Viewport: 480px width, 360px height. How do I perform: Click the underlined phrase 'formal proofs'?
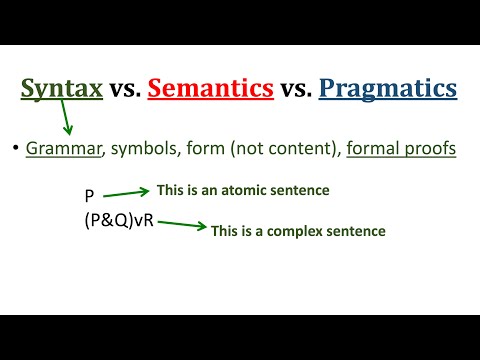coord(400,149)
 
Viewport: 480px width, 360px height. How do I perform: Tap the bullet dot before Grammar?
coord(16,149)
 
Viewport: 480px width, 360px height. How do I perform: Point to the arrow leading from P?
coord(125,192)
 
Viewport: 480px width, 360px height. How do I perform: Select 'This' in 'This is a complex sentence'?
coord(227,231)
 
